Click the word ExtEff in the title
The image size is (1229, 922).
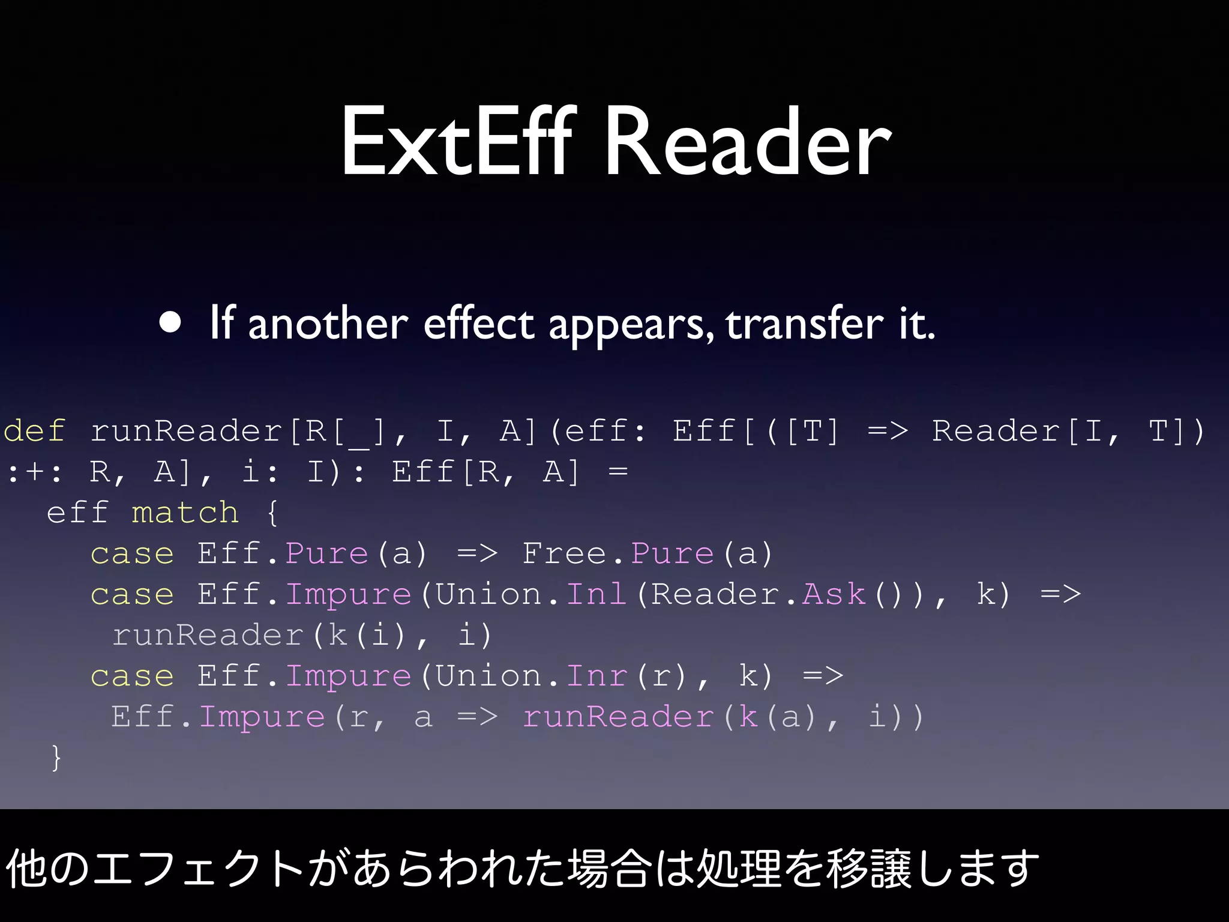point(457,142)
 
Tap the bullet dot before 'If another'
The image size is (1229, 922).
point(170,322)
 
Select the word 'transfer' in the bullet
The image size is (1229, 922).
point(805,324)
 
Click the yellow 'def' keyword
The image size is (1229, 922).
point(34,431)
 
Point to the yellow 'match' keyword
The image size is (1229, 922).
point(185,513)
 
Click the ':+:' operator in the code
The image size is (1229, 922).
point(34,472)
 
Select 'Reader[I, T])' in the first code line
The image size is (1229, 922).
point(1068,431)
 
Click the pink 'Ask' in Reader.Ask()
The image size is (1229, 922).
point(834,594)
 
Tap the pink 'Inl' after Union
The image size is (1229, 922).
point(596,594)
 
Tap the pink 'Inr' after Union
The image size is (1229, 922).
point(596,676)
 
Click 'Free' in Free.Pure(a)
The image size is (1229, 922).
point(564,553)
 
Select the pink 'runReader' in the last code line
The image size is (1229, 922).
point(618,717)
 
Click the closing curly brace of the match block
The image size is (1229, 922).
point(56,758)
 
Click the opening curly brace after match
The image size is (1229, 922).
point(272,513)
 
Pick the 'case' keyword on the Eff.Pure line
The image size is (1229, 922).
point(132,553)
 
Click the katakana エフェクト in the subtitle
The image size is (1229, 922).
point(198,869)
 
